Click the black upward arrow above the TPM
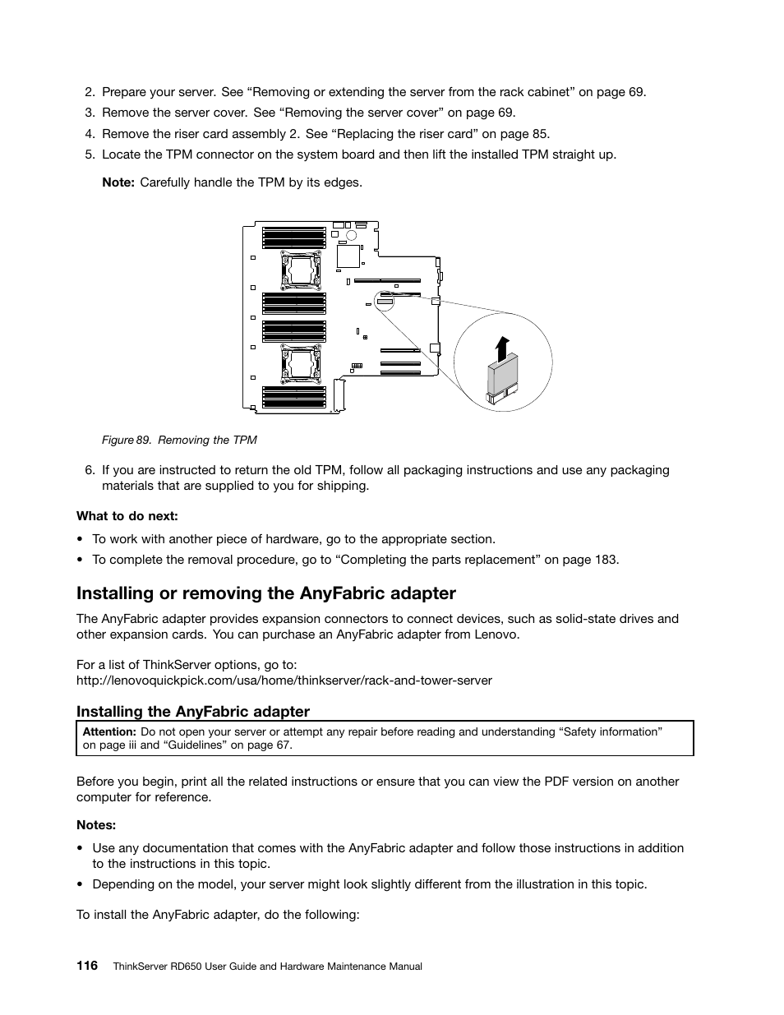click(503, 347)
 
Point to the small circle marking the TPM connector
click(385, 301)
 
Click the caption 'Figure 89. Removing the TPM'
click(179, 440)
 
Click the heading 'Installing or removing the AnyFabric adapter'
click(266, 593)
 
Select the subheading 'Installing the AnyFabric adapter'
click(193, 711)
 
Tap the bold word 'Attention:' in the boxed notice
click(109, 731)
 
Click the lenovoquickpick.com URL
click(284, 680)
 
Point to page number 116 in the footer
click(87, 966)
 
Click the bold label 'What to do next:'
click(127, 516)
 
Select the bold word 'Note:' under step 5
click(118, 182)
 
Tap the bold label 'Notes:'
click(96, 824)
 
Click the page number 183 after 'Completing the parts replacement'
click(606, 560)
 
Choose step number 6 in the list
click(90, 470)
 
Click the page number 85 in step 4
click(540, 134)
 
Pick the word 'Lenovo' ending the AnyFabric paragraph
click(496, 634)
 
